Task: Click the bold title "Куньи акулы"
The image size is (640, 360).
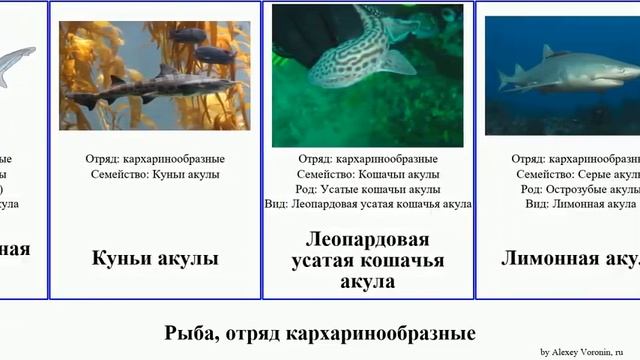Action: tap(155, 259)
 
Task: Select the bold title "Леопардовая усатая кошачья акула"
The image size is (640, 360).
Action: tap(367, 260)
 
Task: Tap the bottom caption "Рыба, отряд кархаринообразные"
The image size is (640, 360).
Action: tap(319, 332)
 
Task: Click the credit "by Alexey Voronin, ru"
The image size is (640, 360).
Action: tap(588, 352)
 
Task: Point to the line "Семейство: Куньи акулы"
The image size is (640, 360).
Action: tap(155, 174)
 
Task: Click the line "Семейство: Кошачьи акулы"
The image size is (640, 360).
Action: tap(368, 174)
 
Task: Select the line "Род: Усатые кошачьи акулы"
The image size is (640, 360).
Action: tap(368, 189)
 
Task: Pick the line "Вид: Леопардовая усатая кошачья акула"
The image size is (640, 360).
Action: tap(368, 204)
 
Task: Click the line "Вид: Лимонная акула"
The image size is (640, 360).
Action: tap(581, 204)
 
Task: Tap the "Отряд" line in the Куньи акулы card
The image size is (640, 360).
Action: tap(155, 159)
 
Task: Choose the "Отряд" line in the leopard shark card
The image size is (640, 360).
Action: tap(368, 159)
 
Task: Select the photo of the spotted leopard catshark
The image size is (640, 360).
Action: tap(367, 75)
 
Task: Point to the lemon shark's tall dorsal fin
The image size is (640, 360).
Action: tap(547, 52)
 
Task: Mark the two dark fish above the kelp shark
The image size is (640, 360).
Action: tap(204, 45)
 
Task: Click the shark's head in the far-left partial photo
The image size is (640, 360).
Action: tap(27, 51)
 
